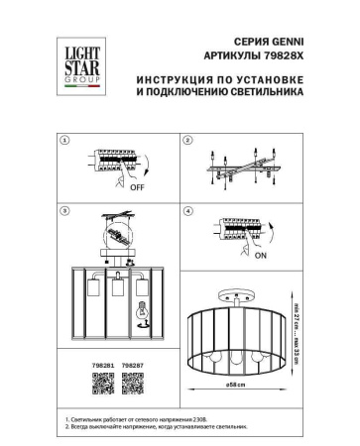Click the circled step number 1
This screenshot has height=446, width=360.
(x=65, y=142)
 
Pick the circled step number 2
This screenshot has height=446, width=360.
(x=187, y=142)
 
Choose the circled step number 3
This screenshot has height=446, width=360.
(x=65, y=211)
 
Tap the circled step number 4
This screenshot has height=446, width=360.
(x=187, y=211)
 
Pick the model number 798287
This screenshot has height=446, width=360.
(x=132, y=365)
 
